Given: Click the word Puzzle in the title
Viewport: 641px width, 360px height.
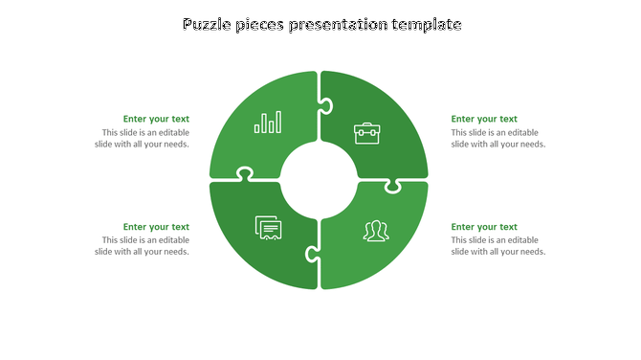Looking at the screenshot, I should click(208, 25).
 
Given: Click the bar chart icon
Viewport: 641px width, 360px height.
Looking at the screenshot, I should click(268, 122).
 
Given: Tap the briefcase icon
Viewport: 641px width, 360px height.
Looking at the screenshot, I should click(366, 132).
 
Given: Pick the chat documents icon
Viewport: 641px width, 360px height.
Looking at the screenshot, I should click(269, 228).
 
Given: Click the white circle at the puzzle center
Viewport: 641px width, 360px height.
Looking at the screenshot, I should click(319, 179).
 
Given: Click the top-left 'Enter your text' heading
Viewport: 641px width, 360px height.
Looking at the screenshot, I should click(156, 119).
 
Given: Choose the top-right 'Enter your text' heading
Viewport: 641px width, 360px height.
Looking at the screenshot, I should click(484, 119).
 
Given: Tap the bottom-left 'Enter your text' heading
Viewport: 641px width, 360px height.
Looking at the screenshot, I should click(156, 227).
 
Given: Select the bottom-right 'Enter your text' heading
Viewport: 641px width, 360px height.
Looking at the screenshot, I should click(484, 227).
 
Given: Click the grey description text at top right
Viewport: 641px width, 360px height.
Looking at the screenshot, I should click(497, 139).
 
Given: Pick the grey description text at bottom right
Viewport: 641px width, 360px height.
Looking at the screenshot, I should click(497, 246).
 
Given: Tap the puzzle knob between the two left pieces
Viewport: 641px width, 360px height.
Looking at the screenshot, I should click(245, 174).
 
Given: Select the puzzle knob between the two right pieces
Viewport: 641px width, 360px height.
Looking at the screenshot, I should click(392, 185).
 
